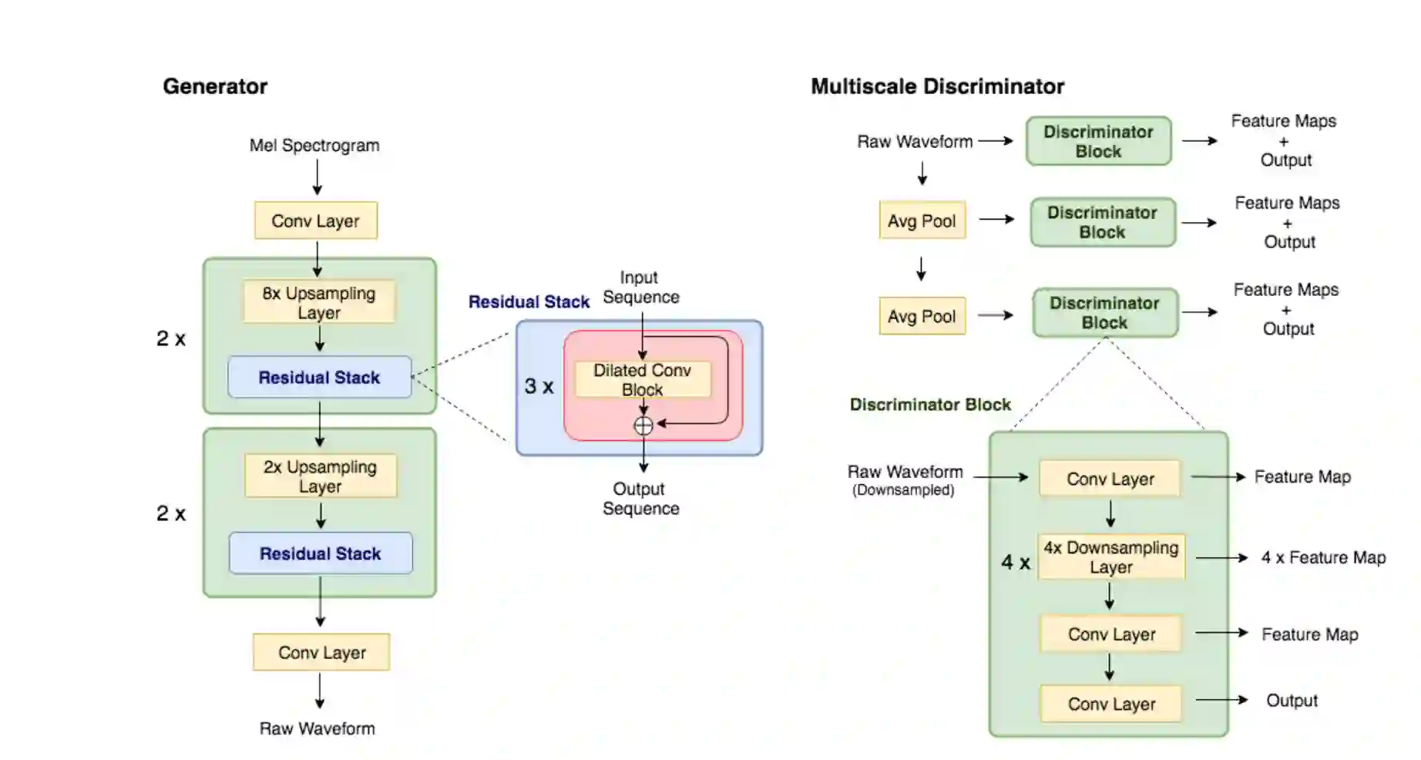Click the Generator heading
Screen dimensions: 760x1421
click(x=214, y=86)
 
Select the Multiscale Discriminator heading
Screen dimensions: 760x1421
click(x=937, y=86)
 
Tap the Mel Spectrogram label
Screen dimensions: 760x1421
click(x=314, y=146)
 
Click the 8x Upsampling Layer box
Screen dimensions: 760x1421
click(x=319, y=302)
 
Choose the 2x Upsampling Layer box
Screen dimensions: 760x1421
click(x=321, y=476)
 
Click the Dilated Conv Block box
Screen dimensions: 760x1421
click(x=643, y=379)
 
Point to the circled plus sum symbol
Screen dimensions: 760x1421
click(x=643, y=425)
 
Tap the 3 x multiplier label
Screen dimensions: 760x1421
click(x=539, y=386)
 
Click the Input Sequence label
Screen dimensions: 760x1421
click(x=640, y=287)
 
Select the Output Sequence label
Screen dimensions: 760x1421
click(x=640, y=499)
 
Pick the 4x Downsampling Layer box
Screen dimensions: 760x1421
click(x=1110, y=557)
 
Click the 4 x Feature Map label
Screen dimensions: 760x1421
click(x=1323, y=557)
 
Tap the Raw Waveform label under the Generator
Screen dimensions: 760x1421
click(x=317, y=728)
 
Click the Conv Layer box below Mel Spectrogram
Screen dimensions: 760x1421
click(x=315, y=221)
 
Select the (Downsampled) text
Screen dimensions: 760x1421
click(x=903, y=490)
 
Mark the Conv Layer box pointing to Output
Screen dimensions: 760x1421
click(x=1111, y=704)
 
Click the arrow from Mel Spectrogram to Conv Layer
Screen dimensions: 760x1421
click(x=317, y=177)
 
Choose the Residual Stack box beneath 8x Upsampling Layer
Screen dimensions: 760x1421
click(x=319, y=378)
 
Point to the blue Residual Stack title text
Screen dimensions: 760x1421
click(x=529, y=302)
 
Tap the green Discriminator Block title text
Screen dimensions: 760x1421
click(x=930, y=405)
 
